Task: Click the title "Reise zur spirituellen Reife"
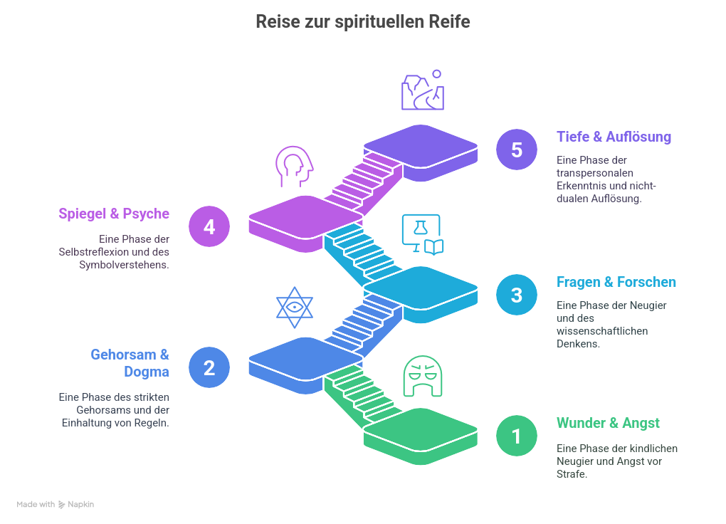363,22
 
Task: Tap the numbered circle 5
517,150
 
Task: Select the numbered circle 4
209,226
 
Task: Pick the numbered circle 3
517,295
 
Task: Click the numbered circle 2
209,368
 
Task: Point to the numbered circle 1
517,436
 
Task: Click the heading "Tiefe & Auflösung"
614,137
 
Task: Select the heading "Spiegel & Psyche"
114,213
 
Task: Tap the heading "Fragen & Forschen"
616,282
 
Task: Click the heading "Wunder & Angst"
608,423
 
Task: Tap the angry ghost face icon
422,377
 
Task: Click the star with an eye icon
294,307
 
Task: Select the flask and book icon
422,235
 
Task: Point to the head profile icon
294,168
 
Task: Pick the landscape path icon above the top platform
422,91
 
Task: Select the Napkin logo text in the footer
80,505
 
